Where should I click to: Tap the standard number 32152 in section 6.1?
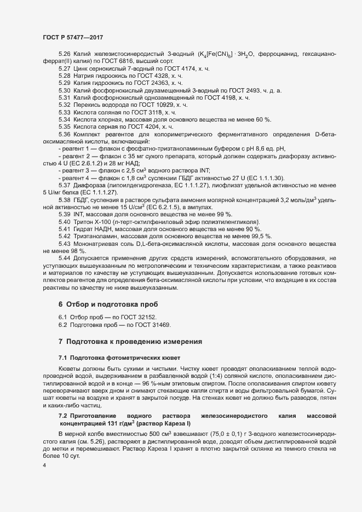(x=146, y=318)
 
